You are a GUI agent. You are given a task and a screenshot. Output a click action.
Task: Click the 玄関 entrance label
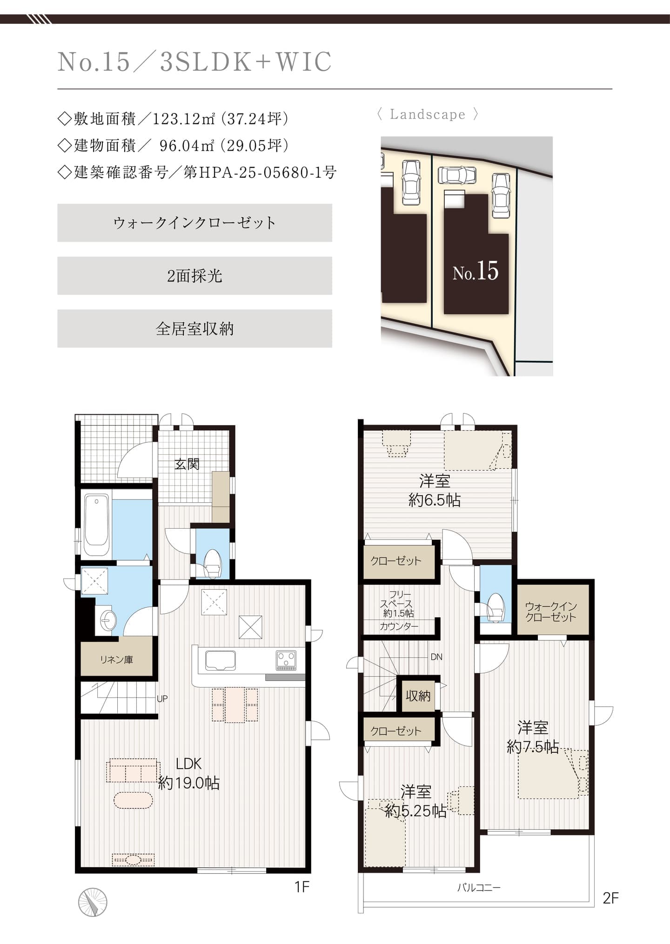187,464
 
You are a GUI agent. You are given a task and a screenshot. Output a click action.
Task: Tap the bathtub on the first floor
97,524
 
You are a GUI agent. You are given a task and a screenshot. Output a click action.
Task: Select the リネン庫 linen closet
116,659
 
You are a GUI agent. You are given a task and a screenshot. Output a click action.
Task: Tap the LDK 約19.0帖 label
189,773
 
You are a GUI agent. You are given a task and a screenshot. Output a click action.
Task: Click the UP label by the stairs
162,698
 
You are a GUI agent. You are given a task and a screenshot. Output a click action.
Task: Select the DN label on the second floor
436,657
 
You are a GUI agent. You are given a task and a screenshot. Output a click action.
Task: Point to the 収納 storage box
418,696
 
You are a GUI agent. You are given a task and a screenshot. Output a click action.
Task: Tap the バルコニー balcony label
478,888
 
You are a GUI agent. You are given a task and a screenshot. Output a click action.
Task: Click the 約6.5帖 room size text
434,500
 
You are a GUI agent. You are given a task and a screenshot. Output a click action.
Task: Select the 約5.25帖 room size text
415,811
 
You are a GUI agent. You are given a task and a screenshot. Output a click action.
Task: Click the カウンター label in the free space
399,626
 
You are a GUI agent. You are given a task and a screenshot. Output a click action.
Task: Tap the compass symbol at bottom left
93,902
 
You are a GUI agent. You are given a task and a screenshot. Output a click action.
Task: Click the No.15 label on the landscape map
476,272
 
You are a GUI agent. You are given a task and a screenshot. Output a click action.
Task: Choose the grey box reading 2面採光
194,276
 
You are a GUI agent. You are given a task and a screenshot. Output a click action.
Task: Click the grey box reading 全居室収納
194,329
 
